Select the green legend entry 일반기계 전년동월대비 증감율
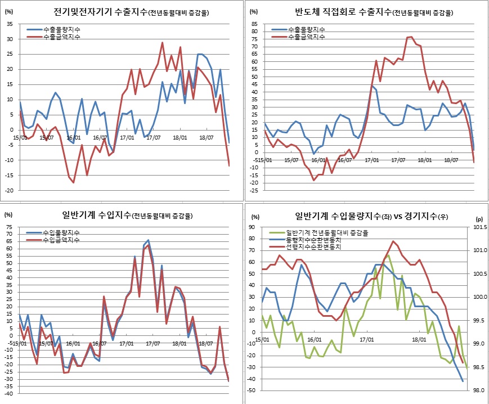click(327, 232)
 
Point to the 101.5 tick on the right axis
click(479, 227)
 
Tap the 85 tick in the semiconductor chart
click(255, 24)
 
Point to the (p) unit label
click(479, 219)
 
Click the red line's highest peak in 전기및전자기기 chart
click(163, 43)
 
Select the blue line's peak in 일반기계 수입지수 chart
click(148, 240)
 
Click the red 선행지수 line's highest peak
click(393, 241)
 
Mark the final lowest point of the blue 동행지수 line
click(463, 381)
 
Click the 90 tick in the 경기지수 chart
click(252, 227)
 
